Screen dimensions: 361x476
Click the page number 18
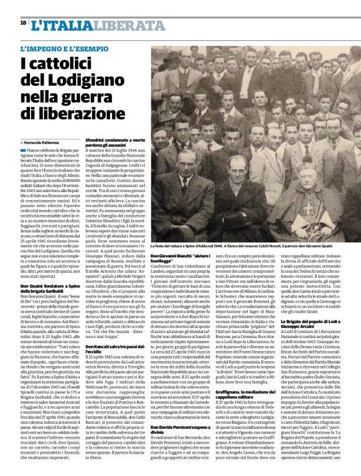click(23, 22)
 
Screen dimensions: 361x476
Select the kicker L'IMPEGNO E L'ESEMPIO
click(59, 48)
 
